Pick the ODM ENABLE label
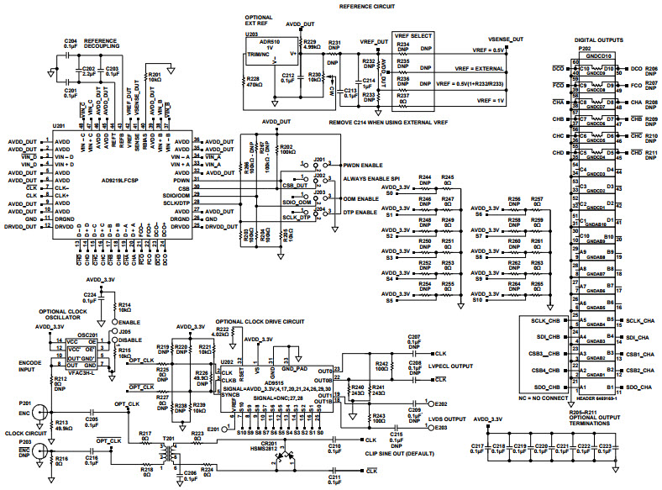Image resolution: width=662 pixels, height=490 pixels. [x=361, y=198]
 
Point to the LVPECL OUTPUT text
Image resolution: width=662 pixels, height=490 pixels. [x=450, y=367]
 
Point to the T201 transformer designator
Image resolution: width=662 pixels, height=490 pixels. [x=169, y=437]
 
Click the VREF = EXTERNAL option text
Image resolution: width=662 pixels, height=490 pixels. [x=468, y=69]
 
